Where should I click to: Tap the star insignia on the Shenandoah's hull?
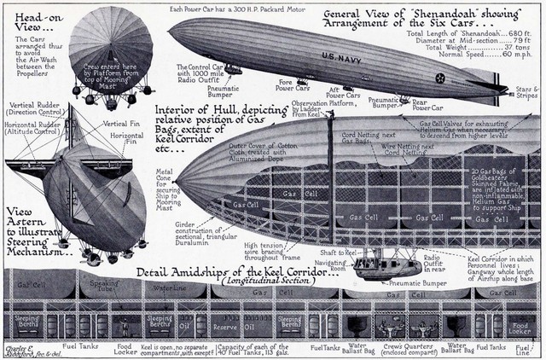click(x=440, y=78)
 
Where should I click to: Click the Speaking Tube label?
click(x=107, y=287)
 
